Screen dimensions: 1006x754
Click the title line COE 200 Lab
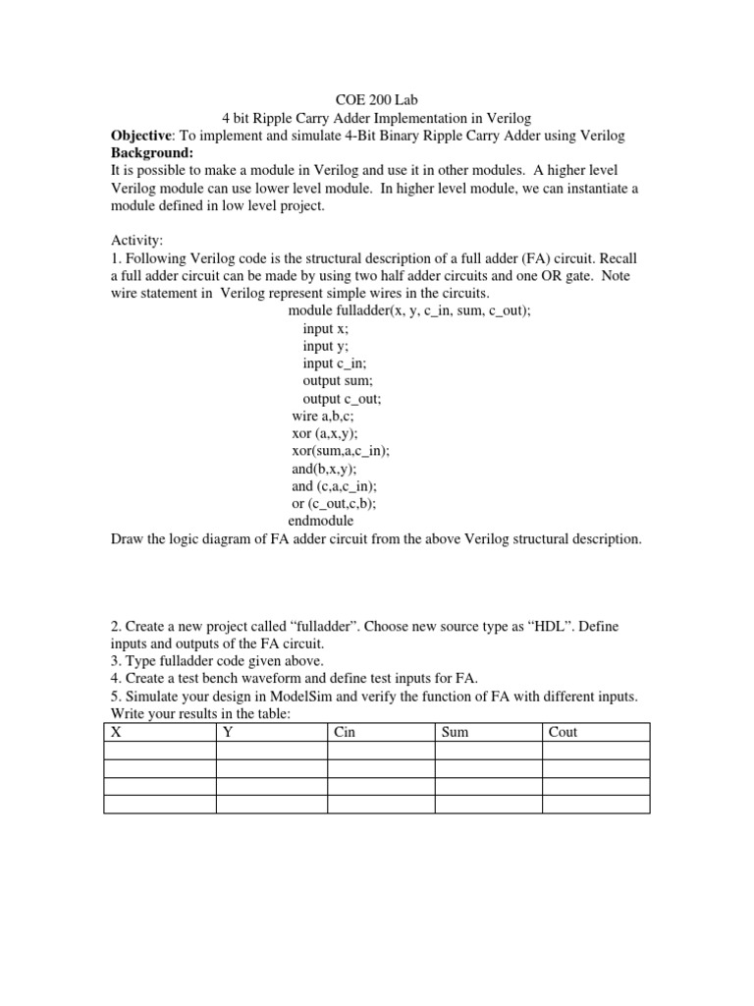point(377,99)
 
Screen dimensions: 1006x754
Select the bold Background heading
point(151,152)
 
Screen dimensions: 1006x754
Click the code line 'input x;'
point(326,328)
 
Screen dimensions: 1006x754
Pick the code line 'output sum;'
point(338,381)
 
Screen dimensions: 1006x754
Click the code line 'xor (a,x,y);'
point(325,433)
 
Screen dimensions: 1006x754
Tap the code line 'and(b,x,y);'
point(324,469)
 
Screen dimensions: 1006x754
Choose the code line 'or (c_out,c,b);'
point(334,503)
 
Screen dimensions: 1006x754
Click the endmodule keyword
point(320,521)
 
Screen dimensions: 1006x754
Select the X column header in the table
point(116,732)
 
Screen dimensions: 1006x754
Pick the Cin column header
point(345,732)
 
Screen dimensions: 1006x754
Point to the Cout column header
point(564,732)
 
